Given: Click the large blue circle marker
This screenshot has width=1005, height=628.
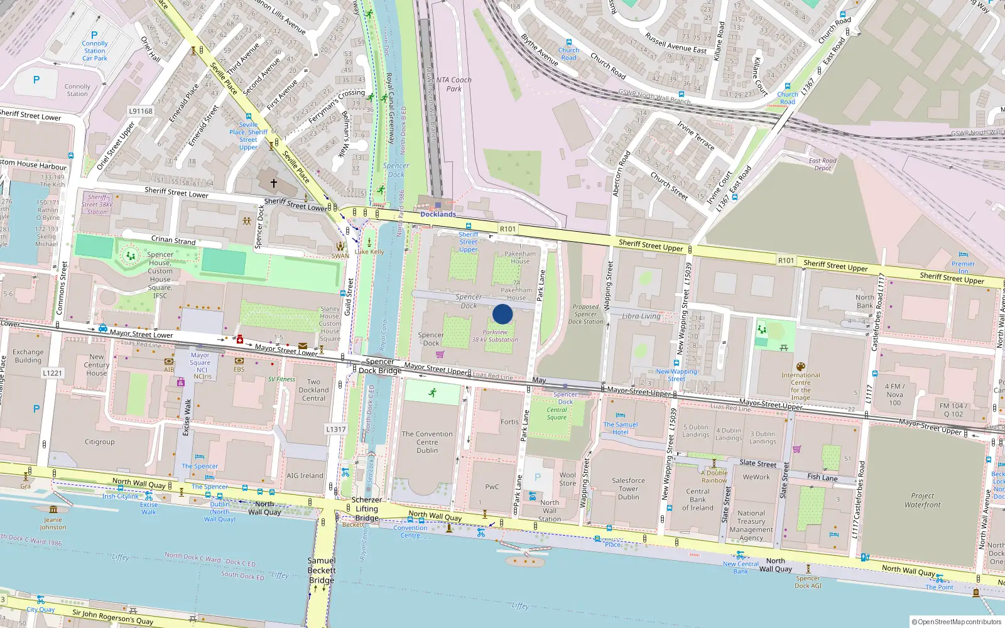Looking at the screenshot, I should click(x=503, y=314).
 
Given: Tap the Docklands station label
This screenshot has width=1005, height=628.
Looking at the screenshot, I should click(x=438, y=214).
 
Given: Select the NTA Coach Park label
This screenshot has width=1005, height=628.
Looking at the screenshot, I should click(x=454, y=84).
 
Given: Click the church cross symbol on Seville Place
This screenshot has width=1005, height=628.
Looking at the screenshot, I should click(x=274, y=183).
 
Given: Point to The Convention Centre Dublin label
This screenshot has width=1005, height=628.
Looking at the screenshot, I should click(x=427, y=442).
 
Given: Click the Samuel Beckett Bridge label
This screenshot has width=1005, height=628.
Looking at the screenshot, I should click(x=322, y=570).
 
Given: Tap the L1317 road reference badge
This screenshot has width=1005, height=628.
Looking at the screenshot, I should click(x=336, y=429).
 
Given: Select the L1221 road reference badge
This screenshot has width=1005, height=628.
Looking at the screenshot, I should click(x=53, y=373).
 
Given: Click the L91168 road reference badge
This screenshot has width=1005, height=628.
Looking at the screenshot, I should click(x=141, y=111).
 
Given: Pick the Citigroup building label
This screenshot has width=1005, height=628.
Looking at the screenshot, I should click(x=100, y=442).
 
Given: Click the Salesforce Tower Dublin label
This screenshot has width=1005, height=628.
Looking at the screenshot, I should click(x=628, y=489).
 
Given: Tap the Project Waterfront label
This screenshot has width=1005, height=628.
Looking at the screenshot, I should click(x=922, y=500).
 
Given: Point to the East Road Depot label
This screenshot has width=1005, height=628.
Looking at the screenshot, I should click(x=822, y=165).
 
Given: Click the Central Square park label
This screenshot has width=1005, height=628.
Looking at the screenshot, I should click(x=557, y=414).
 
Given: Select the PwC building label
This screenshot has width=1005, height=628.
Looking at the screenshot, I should click(x=492, y=487).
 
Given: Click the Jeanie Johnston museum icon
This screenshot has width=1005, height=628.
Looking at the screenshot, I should click(x=53, y=509).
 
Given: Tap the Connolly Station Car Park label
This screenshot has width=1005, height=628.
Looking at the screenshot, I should click(x=95, y=51).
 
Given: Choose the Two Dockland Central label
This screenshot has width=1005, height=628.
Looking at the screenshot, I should click(x=313, y=390).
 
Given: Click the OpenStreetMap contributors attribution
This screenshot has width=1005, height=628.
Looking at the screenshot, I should click(x=957, y=622).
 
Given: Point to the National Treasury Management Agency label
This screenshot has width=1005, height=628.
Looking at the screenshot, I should click(x=751, y=526).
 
